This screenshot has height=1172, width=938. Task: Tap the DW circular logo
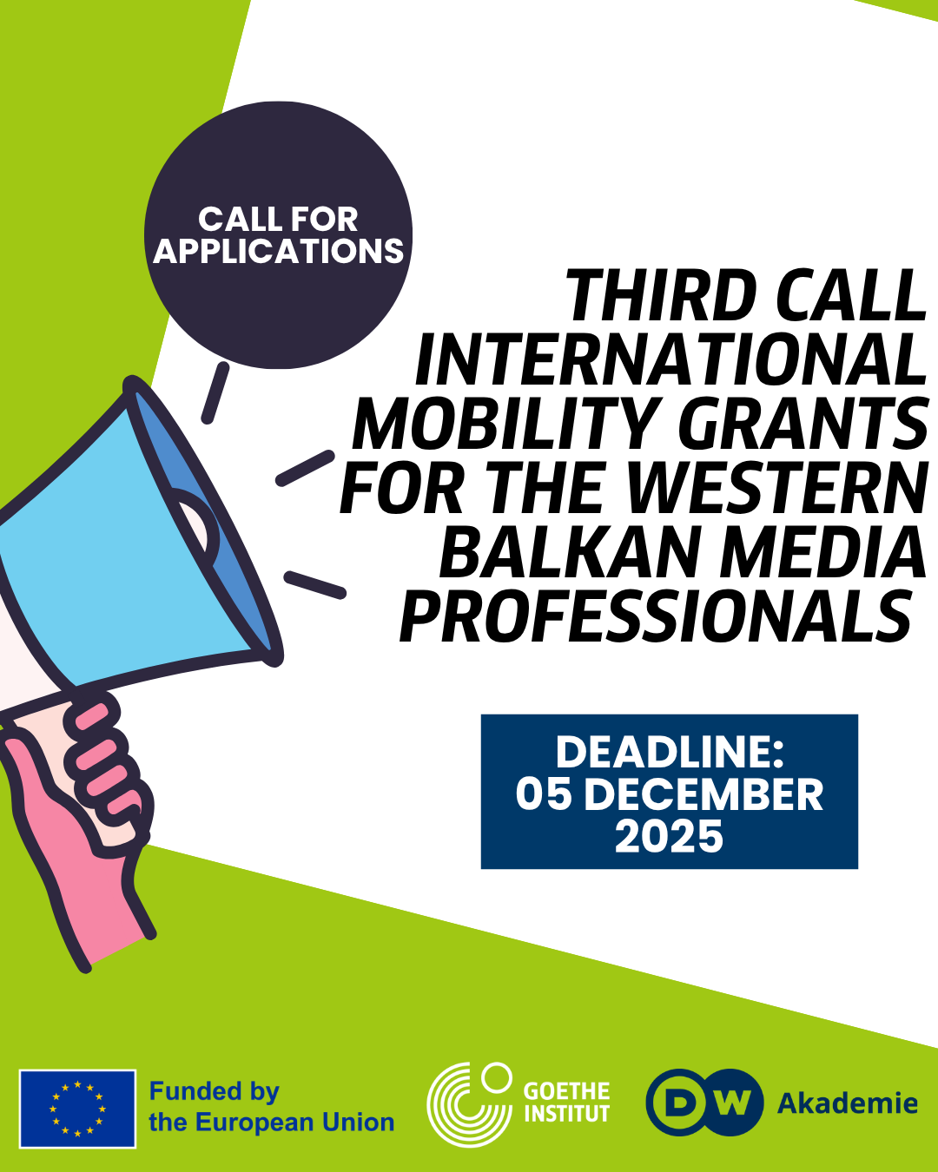pyautogui.click(x=704, y=1103)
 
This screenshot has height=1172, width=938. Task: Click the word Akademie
pyautogui.click(x=847, y=1103)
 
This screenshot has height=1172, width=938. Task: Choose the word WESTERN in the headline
pyautogui.click(x=776, y=487)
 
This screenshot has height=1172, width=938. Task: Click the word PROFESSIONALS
pyautogui.click(x=656, y=616)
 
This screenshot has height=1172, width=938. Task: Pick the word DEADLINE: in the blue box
pyautogui.click(x=670, y=753)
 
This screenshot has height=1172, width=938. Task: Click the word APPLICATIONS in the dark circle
pyautogui.click(x=279, y=251)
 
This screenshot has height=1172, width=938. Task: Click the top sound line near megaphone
pyautogui.click(x=215, y=392)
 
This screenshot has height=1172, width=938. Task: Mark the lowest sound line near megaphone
pyautogui.click(x=315, y=585)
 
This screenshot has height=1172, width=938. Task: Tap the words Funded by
pyautogui.click(x=215, y=1091)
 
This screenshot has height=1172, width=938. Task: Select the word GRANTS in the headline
pyautogui.click(x=803, y=423)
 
